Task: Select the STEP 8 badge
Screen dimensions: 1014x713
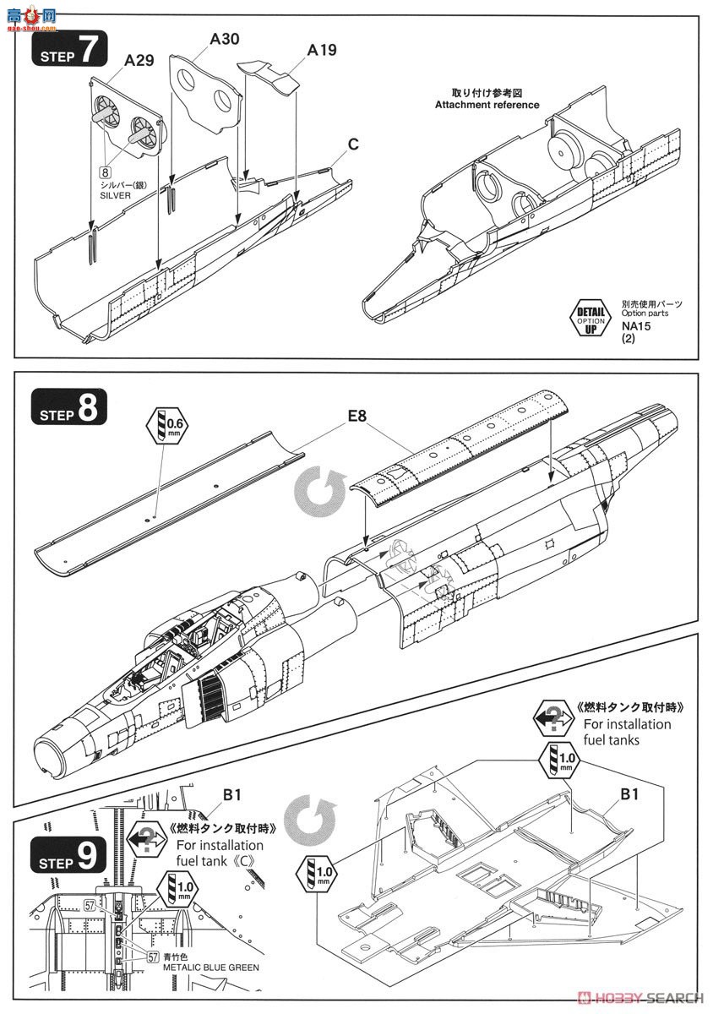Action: (x=70, y=409)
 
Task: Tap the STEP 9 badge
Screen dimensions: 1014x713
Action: (x=70, y=854)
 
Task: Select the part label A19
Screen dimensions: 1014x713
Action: (x=321, y=50)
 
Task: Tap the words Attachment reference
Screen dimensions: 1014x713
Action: (x=487, y=105)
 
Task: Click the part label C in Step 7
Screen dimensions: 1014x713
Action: (x=352, y=145)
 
